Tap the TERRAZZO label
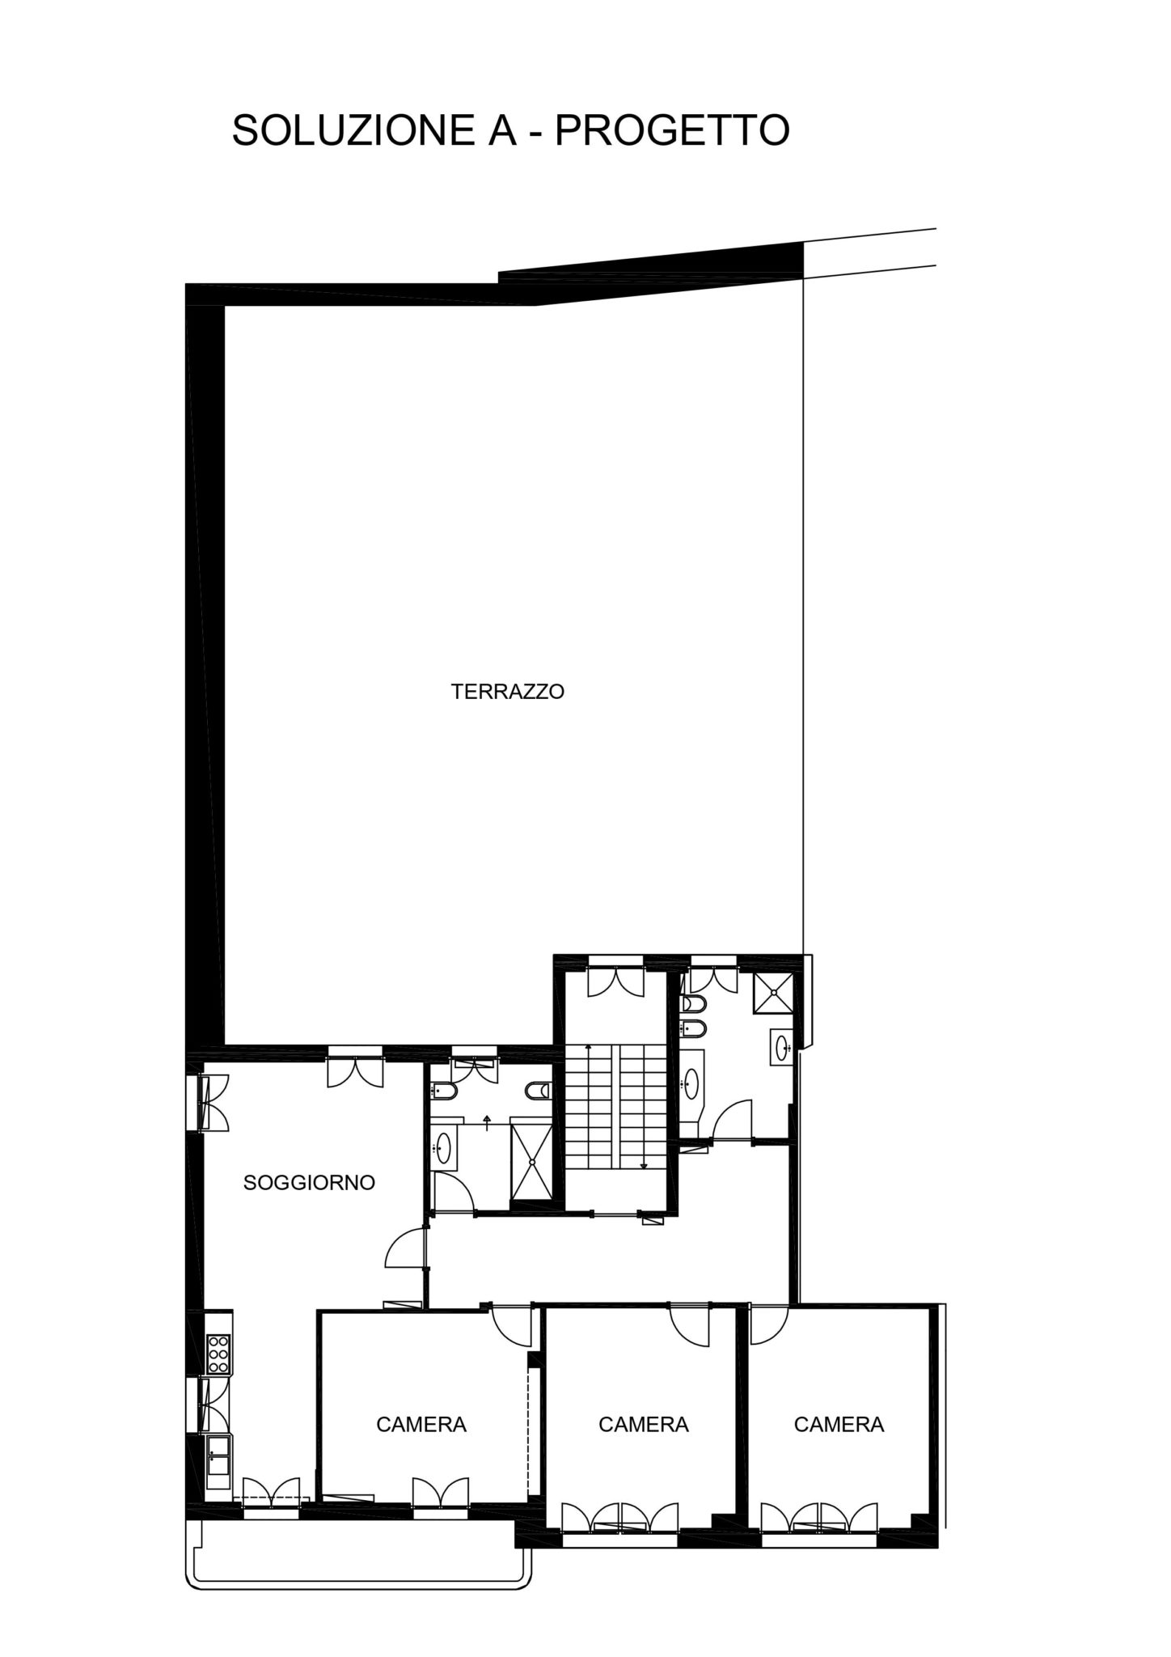pos(507,692)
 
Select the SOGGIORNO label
pos(309,1182)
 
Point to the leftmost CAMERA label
pos(421,1424)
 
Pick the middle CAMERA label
pos(643,1424)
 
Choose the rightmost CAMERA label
pos(839,1424)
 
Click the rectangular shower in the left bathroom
pos(532,1163)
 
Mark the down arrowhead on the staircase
pos(643,1166)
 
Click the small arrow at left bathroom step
pos(487,1119)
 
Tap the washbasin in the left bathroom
pos(443,1147)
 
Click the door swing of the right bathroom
pos(734,1121)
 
